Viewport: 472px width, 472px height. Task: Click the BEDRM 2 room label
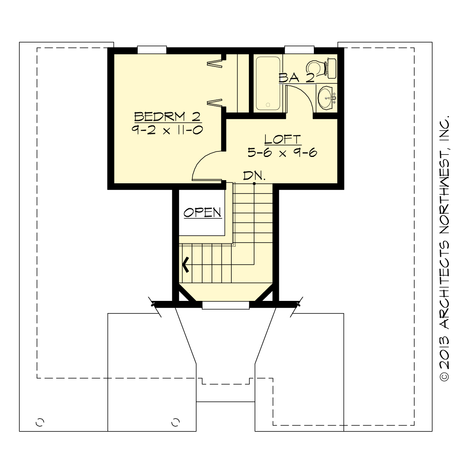pyautogui.click(x=168, y=116)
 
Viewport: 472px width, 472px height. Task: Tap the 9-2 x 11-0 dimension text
pyautogui.click(x=168, y=130)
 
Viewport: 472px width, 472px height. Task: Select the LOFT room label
pyautogui.click(x=282, y=139)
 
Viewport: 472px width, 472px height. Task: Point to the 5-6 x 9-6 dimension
pyautogui.click(x=282, y=153)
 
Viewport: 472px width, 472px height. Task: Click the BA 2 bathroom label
pyautogui.click(x=297, y=78)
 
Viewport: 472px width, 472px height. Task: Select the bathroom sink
pyautogui.click(x=326, y=97)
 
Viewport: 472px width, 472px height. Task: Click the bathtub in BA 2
pyautogui.click(x=268, y=83)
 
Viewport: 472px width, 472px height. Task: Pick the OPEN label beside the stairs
pyautogui.click(x=203, y=213)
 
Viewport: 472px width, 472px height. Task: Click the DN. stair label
pyautogui.click(x=254, y=175)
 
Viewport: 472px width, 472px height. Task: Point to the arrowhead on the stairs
pyautogui.click(x=185, y=264)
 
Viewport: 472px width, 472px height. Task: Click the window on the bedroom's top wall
pyautogui.click(x=152, y=50)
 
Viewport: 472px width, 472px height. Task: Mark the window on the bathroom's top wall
pyautogui.click(x=299, y=50)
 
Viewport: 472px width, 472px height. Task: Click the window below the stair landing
pyautogui.click(x=225, y=305)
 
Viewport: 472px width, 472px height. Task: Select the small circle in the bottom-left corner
pyautogui.click(x=39, y=422)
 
